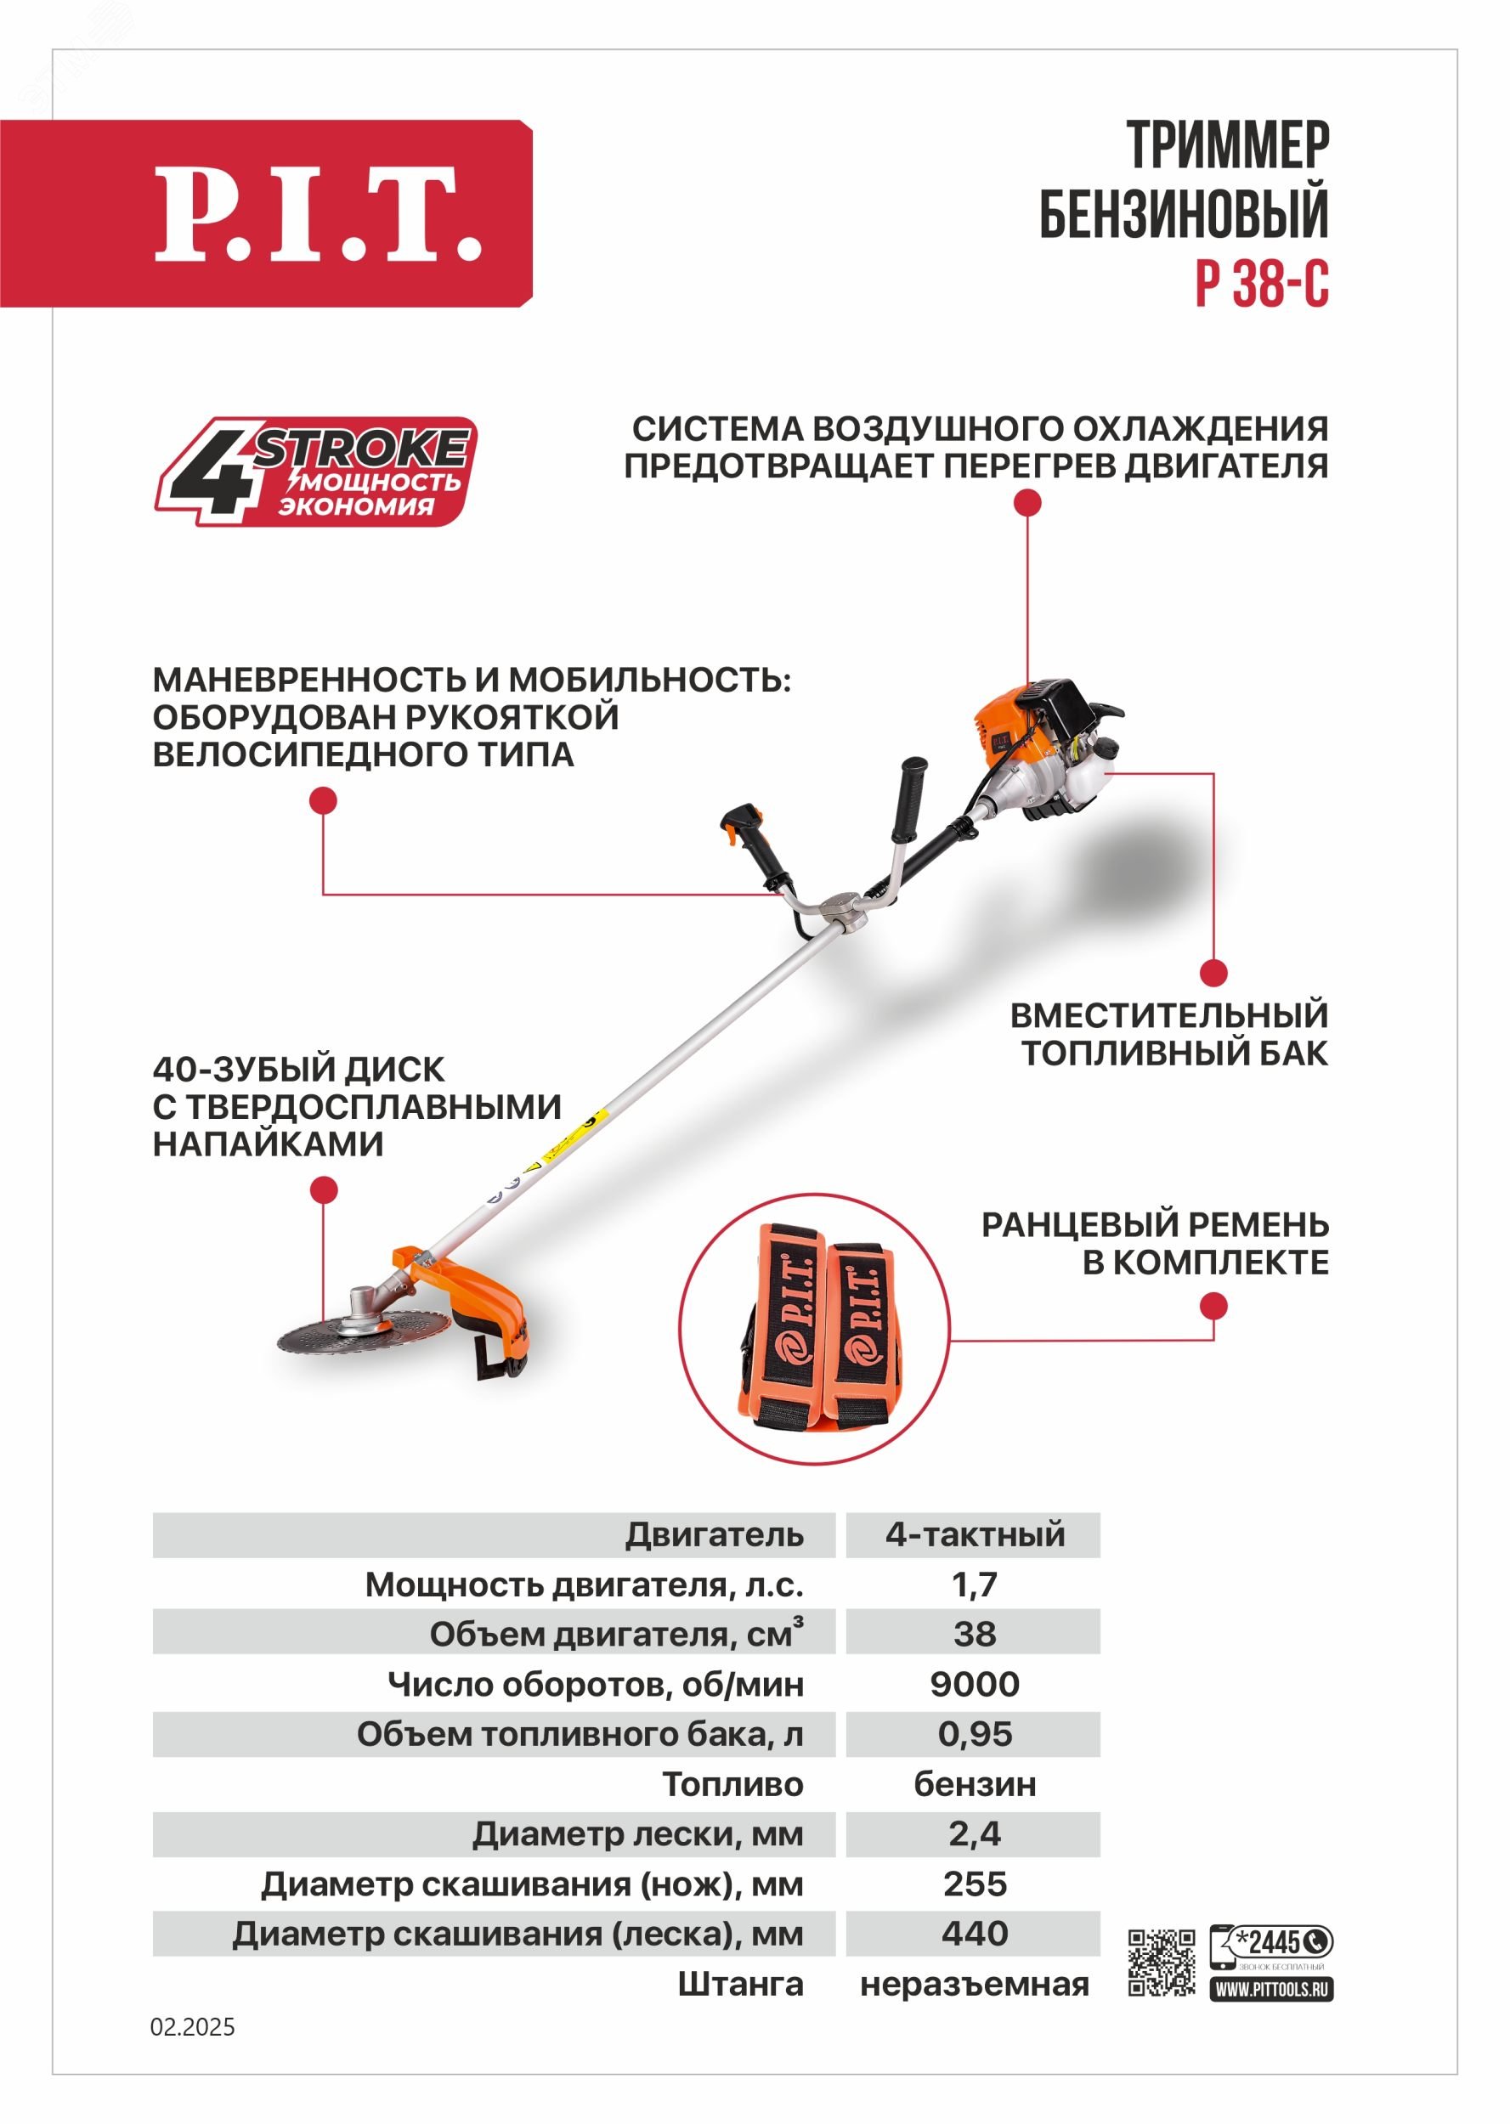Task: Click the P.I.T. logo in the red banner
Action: coord(317,214)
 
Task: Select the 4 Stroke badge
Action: coord(315,472)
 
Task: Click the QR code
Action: coord(1162,1963)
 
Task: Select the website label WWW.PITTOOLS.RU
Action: coord(1271,1989)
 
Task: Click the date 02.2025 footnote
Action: coord(193,2027)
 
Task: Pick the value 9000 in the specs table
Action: coord(974,1684)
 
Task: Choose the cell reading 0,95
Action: coord(974,1735)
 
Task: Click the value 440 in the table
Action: coord(974,1934)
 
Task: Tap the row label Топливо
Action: coord(732,1785)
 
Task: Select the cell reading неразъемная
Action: coord(974,1985)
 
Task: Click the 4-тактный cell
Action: coord(974,1534)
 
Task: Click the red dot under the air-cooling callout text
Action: coord(1026,503)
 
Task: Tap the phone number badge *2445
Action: coord(1272,1942)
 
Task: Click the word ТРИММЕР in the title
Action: coord(1227,145)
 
